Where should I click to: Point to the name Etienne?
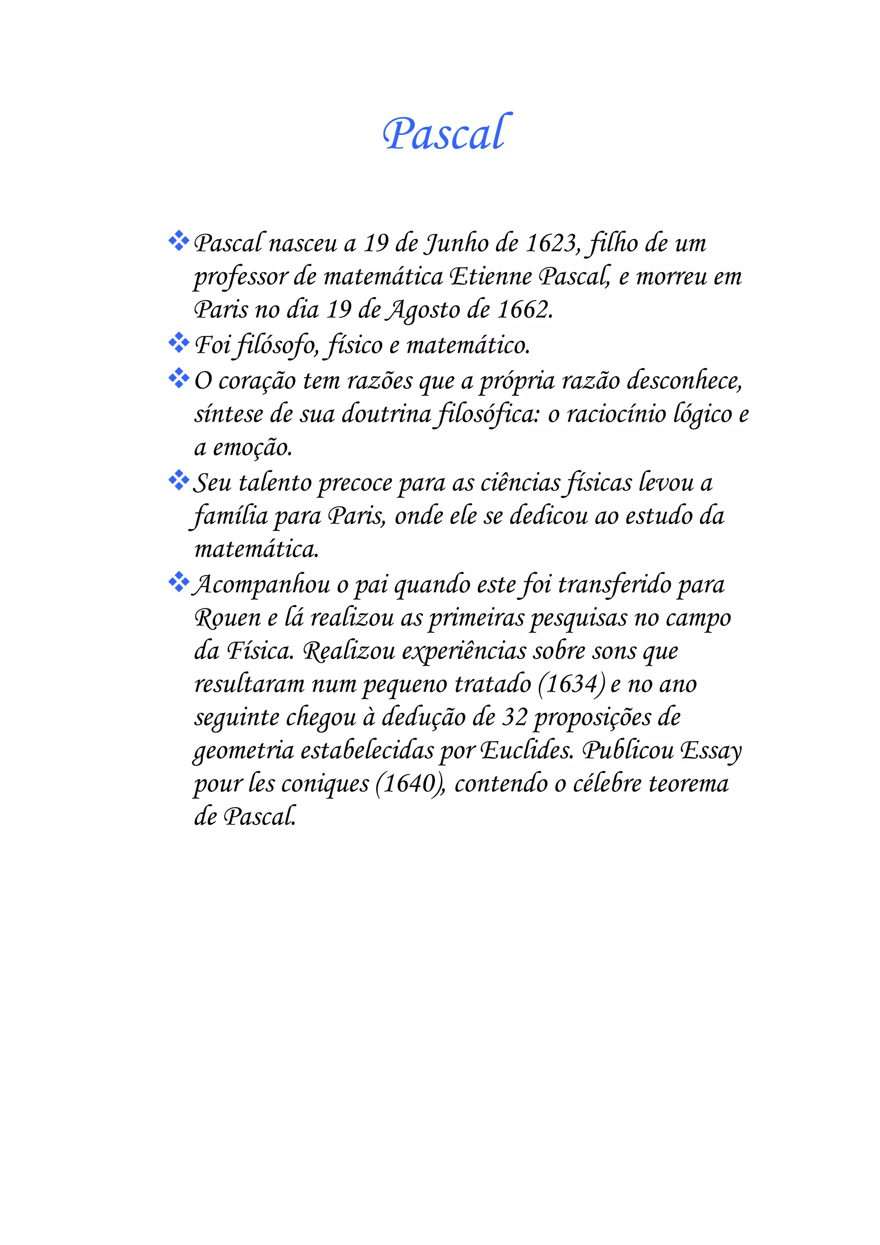[x=490, y=277]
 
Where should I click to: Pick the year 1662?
[x=524, y=310]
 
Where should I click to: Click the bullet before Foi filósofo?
[x=178, y=343]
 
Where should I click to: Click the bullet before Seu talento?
[x=178, y=480]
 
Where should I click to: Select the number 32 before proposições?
[x=515, y=717]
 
